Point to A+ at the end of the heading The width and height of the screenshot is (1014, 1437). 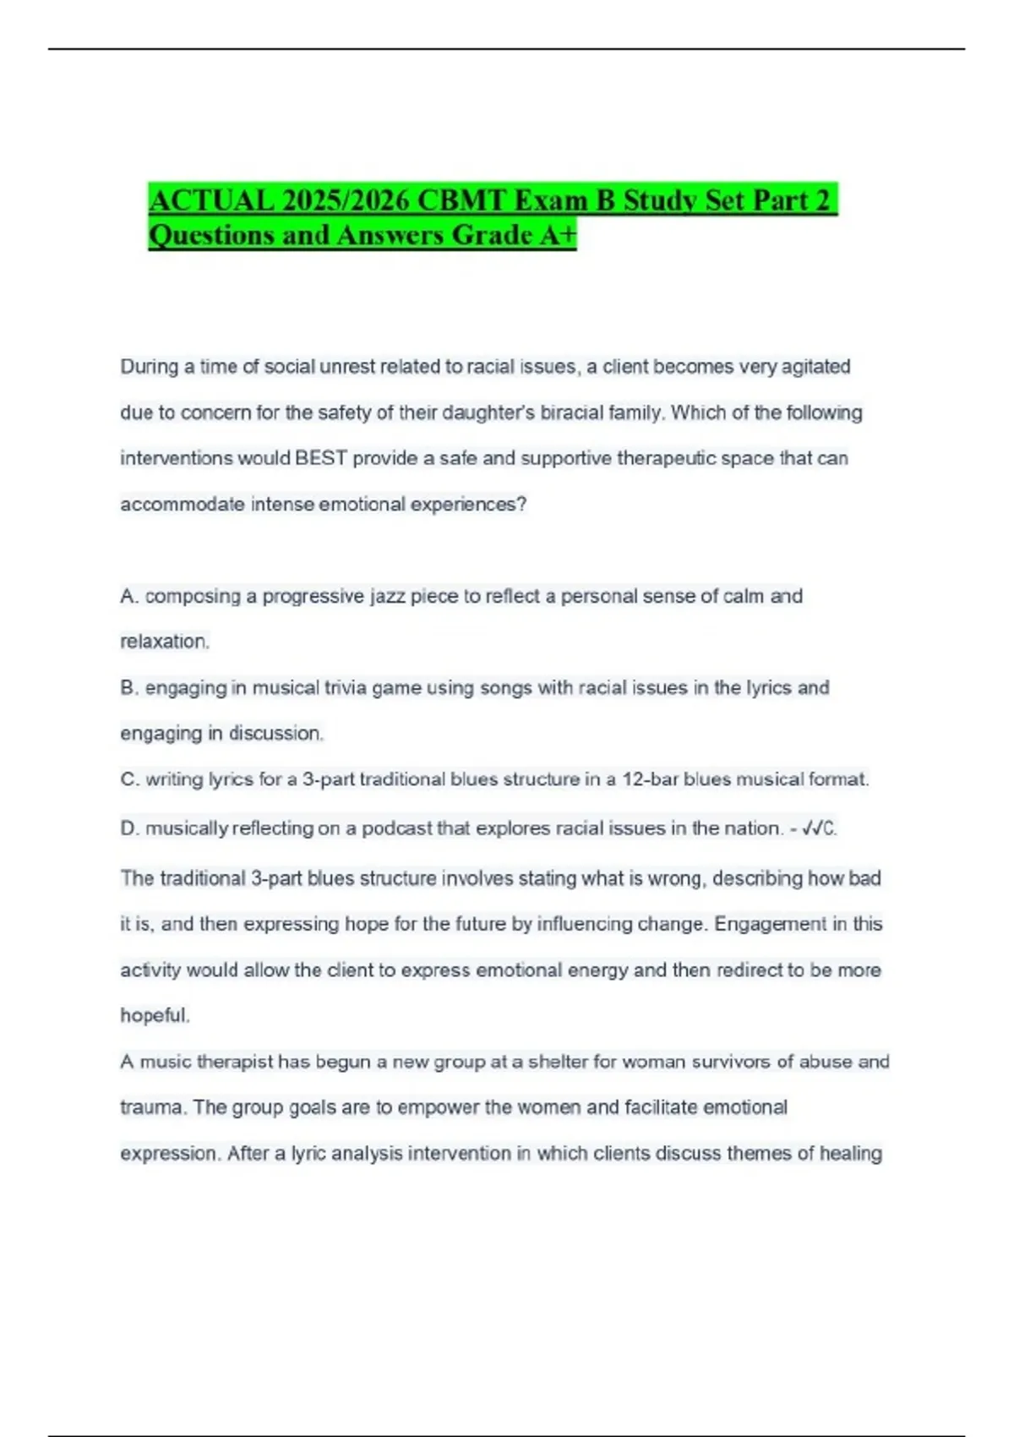[x=558, y=235]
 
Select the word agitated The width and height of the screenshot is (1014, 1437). [x=815, y=367]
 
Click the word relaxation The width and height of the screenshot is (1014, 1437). [x=164, y=642]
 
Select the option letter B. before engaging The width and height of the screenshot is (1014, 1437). [x=129, y=688]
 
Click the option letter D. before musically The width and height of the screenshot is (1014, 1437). [x=129, y=828]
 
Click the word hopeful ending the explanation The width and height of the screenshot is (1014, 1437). [x=154, y=1015]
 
